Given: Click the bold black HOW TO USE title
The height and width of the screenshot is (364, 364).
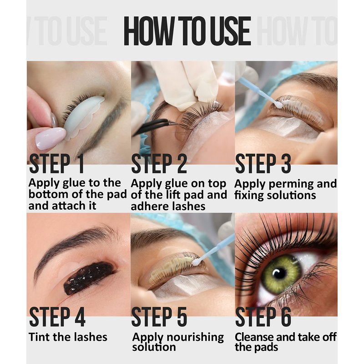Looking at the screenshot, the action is tap(187, 31).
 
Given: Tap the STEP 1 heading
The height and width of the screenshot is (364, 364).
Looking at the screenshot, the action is tap(56, 163).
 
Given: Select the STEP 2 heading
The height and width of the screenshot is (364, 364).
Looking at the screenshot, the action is tap(159, 163).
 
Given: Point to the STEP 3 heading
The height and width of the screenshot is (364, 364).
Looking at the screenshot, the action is tap(263, 163).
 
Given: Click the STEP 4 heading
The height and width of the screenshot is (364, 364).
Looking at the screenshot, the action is tap(57, 317).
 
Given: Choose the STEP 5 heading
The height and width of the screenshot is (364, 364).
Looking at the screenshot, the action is tap(159, 317).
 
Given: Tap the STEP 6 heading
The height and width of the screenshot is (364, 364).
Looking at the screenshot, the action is tap(263, 317).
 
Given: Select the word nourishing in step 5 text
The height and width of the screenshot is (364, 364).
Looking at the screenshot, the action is tap(195, 338).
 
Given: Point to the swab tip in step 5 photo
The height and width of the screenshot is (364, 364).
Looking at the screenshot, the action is tap(197, 262).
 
